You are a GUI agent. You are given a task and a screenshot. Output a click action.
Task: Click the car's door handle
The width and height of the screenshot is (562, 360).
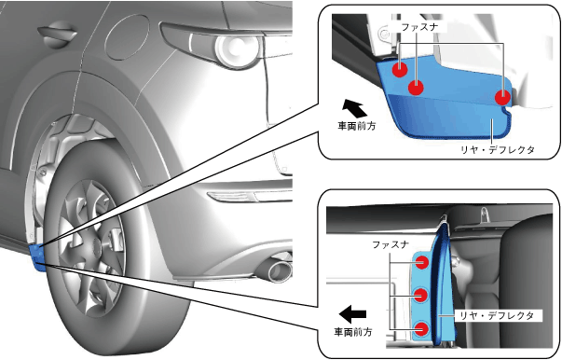point(58,34)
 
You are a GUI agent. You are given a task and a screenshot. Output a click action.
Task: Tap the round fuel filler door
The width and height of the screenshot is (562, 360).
point(127,37)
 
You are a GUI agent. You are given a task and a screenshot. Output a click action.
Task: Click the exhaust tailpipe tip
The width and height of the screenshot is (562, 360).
point(279,270)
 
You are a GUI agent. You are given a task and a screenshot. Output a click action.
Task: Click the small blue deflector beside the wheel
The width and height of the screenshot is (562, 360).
point(37,256)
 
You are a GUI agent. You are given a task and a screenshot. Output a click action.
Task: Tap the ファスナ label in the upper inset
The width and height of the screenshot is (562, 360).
point(419,27)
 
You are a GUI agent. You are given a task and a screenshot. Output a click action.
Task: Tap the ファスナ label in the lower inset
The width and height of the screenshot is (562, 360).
point(391,245)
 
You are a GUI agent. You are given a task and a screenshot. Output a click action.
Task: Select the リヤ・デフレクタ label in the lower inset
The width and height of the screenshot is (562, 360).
point(497,315)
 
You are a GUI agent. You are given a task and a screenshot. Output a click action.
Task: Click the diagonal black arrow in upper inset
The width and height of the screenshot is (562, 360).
point(354,108)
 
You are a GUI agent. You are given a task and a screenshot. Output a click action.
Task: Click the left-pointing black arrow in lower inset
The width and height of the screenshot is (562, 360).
point(352,314)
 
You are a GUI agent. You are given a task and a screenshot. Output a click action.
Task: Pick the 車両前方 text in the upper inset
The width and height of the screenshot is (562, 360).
point(357,126)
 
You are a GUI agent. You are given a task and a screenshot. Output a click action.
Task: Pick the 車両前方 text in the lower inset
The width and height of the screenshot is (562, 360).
point(353,332)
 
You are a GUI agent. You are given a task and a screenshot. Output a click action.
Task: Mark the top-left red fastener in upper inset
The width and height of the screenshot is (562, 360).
point(400,69)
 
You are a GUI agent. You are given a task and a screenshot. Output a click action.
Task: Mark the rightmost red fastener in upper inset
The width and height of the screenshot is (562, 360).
point(502,98)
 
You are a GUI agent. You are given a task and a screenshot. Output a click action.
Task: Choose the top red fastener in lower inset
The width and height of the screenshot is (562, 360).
point(421,262)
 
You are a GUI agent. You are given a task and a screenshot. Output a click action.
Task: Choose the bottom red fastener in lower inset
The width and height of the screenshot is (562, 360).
point(421,329)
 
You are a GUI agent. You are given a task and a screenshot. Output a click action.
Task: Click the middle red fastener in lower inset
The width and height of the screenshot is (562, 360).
point(421,296)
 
